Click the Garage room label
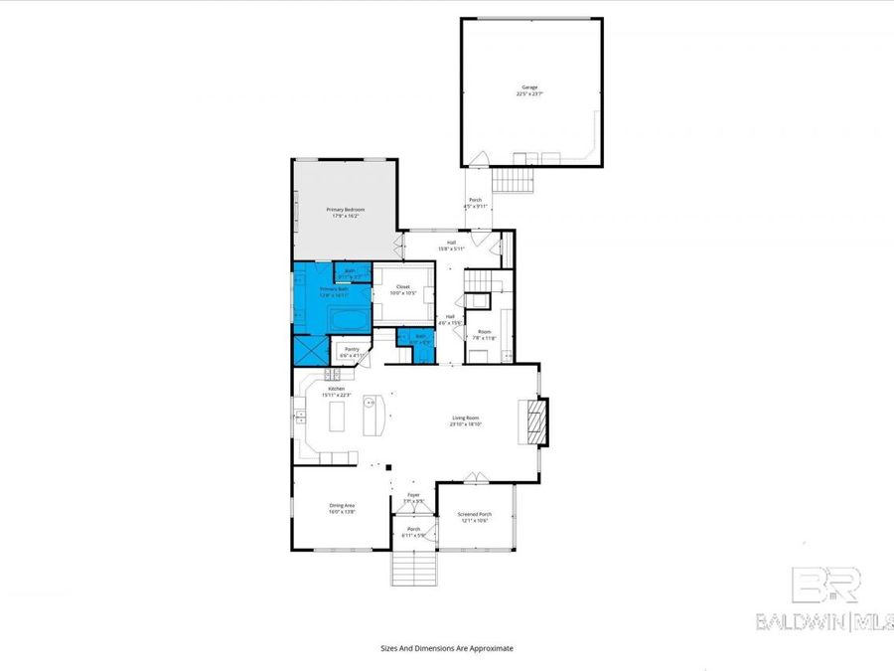coord(530,90)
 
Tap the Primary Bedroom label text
coord(346,212)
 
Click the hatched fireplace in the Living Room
coord(535,422)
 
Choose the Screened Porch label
coord(474,517)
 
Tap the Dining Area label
coord(343,509)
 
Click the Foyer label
coord(414,497)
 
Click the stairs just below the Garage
coord(514,180)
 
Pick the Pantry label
coord(352,351)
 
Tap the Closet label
coord(402,289)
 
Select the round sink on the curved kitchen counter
coord(368,404)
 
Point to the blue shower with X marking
coord(309,351)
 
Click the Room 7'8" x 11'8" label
coord(484,335)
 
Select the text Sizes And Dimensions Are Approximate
coord(447,647)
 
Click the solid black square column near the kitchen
coord(389,466)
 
